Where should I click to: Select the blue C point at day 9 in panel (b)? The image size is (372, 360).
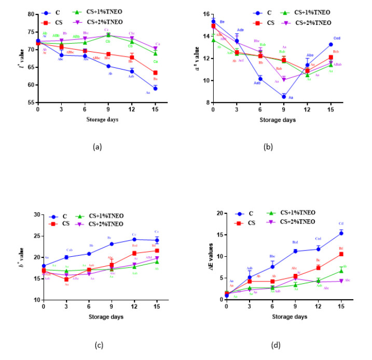coord(284,96)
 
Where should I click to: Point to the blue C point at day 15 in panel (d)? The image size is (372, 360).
coord(341,233)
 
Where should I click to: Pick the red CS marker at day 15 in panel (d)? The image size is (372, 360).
coord(341,254)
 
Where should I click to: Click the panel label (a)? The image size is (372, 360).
coord(97,147)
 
